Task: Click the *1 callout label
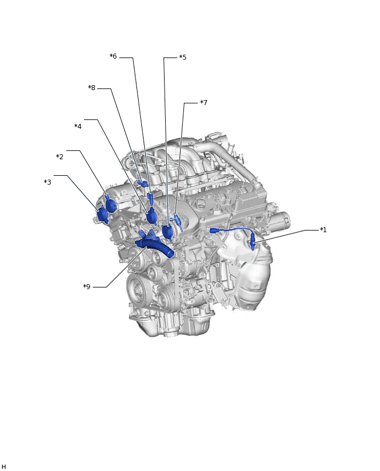tap(323, 230)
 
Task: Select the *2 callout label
tap(60, 156)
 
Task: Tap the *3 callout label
tap(47, 182)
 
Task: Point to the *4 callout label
tap(78, 126)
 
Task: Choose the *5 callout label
tap(182, 57)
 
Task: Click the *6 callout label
tap(113, 56)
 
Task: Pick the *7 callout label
tap(203, 102)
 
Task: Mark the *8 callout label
tap(92, 88)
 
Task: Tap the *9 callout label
tap(87, 286)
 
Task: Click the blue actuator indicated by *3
tap(103, 215)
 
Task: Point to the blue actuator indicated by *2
tap(111, 203)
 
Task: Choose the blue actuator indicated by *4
tap(151, 216)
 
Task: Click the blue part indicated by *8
tap(142, 183)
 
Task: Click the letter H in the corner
tap(3, 466)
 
